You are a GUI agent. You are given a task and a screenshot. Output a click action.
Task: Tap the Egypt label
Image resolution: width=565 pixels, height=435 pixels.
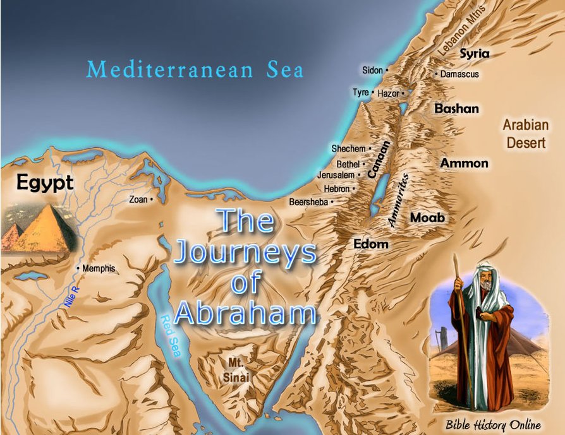(45, 184)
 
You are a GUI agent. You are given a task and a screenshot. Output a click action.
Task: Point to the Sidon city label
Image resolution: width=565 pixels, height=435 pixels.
(372, 70)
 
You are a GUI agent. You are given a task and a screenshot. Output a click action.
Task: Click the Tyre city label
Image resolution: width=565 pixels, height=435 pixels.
(361, 93)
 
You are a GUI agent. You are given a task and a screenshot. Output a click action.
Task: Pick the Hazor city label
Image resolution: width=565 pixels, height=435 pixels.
(389, 93)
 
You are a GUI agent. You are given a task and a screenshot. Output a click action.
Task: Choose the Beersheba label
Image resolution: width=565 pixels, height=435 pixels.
(309, 202)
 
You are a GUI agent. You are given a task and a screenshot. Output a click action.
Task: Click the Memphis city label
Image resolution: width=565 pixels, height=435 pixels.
(99, 268)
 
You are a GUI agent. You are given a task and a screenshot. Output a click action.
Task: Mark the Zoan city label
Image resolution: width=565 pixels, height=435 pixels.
(138, 200)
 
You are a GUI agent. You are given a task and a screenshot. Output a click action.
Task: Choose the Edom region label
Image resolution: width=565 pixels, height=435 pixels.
(371, 244)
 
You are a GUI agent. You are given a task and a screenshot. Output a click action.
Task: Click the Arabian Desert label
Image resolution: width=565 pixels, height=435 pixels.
(525, 133)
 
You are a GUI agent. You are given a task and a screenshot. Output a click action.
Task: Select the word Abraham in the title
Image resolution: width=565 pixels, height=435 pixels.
(245, 313)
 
